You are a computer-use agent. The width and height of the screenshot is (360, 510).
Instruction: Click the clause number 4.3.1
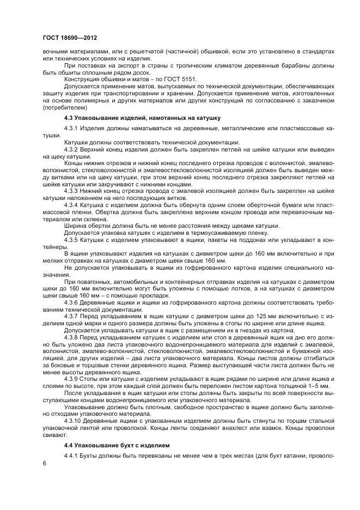tap(73, 128)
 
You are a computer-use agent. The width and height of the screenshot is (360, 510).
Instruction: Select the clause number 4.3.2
tap(73, 149)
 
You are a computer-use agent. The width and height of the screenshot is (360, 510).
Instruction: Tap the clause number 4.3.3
tap(73, 191)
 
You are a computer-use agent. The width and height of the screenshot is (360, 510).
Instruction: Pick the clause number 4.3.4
tap(73, 204)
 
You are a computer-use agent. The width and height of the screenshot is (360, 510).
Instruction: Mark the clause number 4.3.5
tap(73, 239)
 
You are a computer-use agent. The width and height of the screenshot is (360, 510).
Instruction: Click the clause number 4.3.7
tap(73, 315)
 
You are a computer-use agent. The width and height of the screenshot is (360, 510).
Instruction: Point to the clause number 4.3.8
tap(73, 337)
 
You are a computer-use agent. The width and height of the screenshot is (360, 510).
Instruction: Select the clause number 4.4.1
tap(73, 455)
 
